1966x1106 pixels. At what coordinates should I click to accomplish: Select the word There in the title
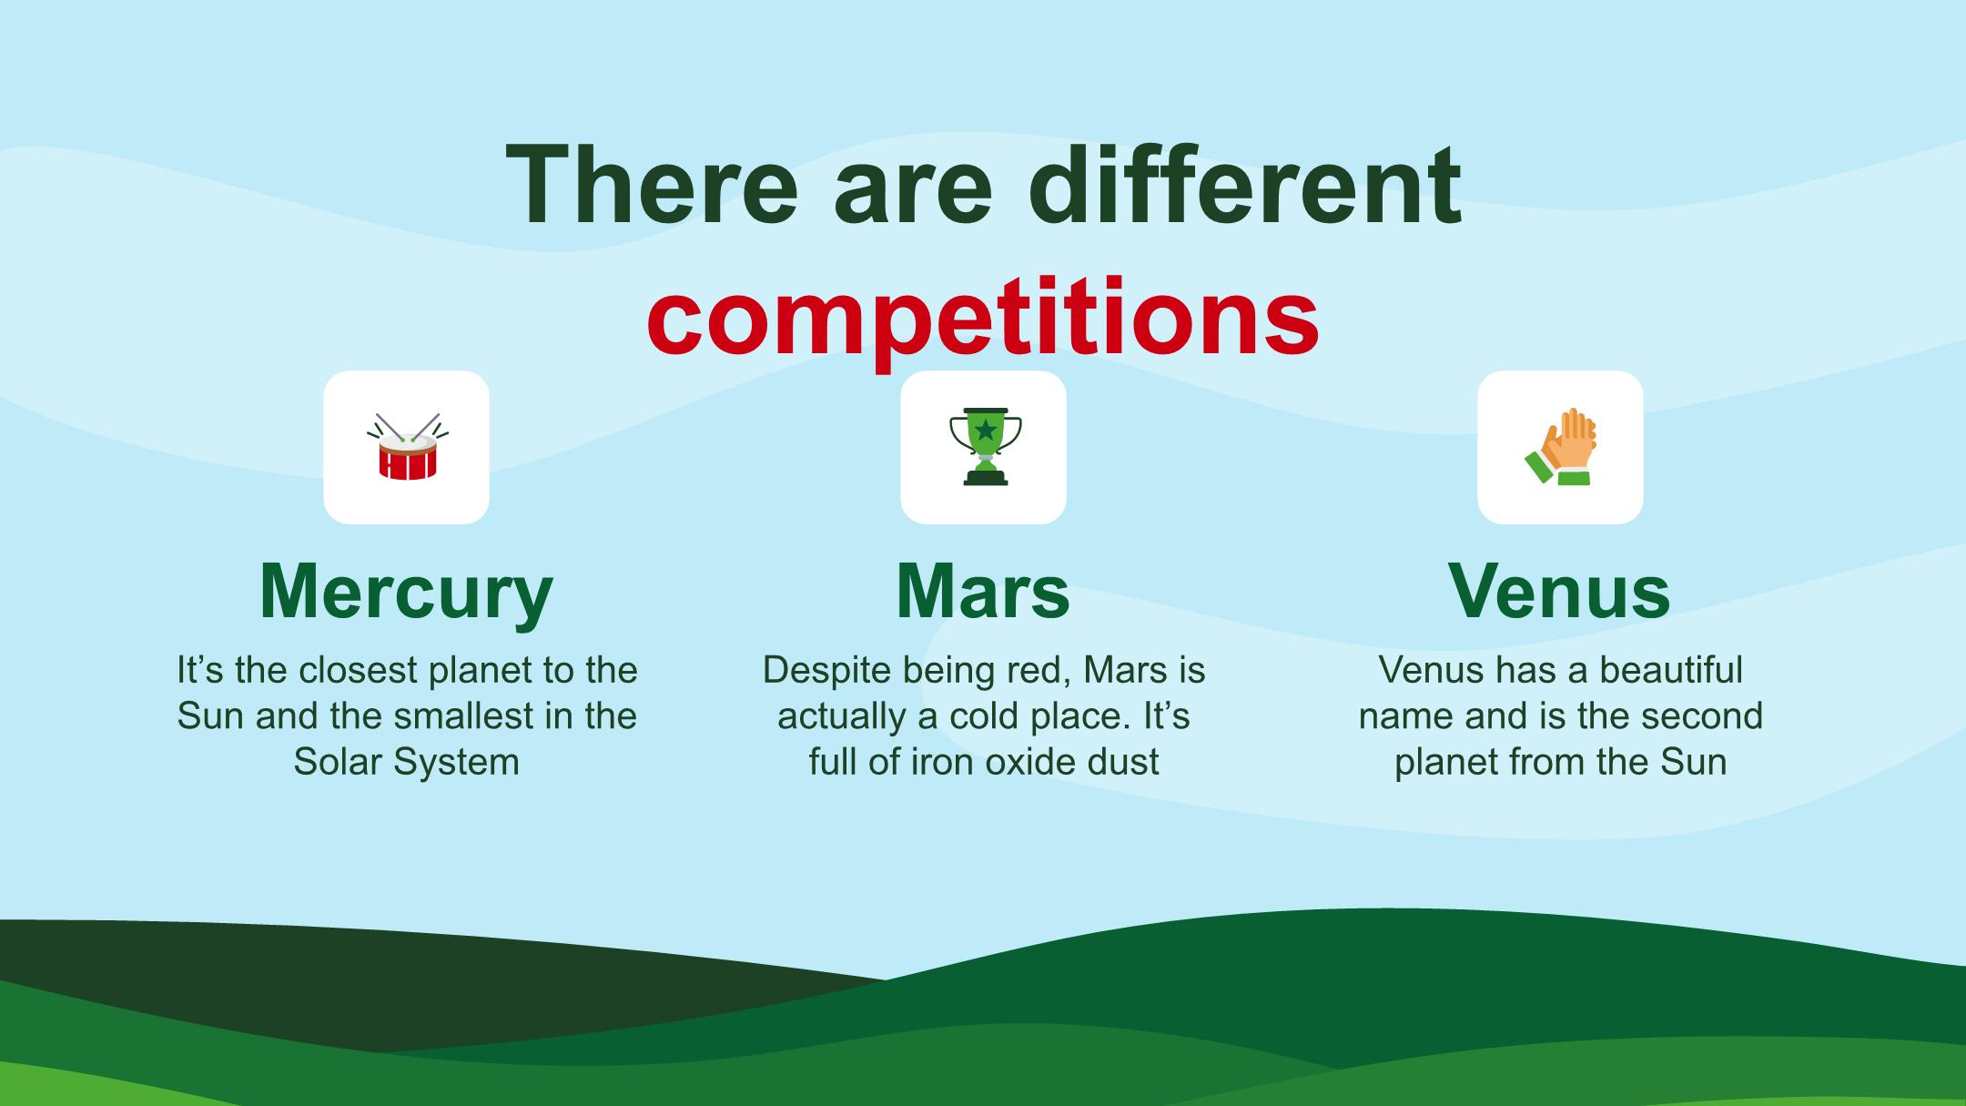(652, 185)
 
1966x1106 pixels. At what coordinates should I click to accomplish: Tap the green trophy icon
(984, 447)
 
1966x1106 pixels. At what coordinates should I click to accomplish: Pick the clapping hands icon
(1560, 447)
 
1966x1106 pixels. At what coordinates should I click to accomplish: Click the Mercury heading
(406, 592)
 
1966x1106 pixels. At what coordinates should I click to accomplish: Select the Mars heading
(983, 592)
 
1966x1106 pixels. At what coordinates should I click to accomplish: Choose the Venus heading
(1560, 592)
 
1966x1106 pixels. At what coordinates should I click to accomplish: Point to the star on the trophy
(985, 429)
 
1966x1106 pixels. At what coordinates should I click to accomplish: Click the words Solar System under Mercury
(406, 761)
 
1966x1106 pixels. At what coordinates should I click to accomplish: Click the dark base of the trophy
(985, 476)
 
